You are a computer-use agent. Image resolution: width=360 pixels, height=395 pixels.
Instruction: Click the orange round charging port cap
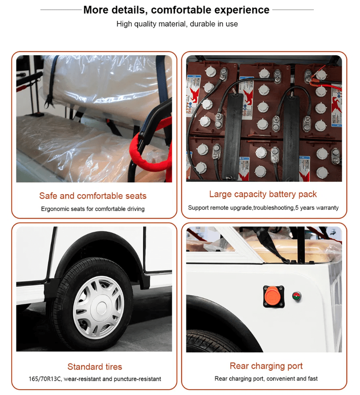pos(273,296)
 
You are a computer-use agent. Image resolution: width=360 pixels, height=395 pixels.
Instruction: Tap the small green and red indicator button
pos(297,296)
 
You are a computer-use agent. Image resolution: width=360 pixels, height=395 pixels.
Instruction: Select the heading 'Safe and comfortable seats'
pos(93,196)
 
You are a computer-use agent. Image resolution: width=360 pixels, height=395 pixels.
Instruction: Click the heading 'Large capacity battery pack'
pos(263,194)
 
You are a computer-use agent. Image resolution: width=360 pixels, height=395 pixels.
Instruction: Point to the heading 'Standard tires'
pos(95,367)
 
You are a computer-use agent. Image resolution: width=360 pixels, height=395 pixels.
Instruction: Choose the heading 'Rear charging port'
pos(266,366)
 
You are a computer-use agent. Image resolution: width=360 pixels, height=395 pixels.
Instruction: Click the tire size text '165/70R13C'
pos(45,379)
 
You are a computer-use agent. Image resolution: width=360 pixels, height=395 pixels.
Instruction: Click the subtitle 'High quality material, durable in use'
pos(177,24)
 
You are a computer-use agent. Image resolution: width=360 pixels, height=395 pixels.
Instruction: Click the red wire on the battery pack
pos(325,79)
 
